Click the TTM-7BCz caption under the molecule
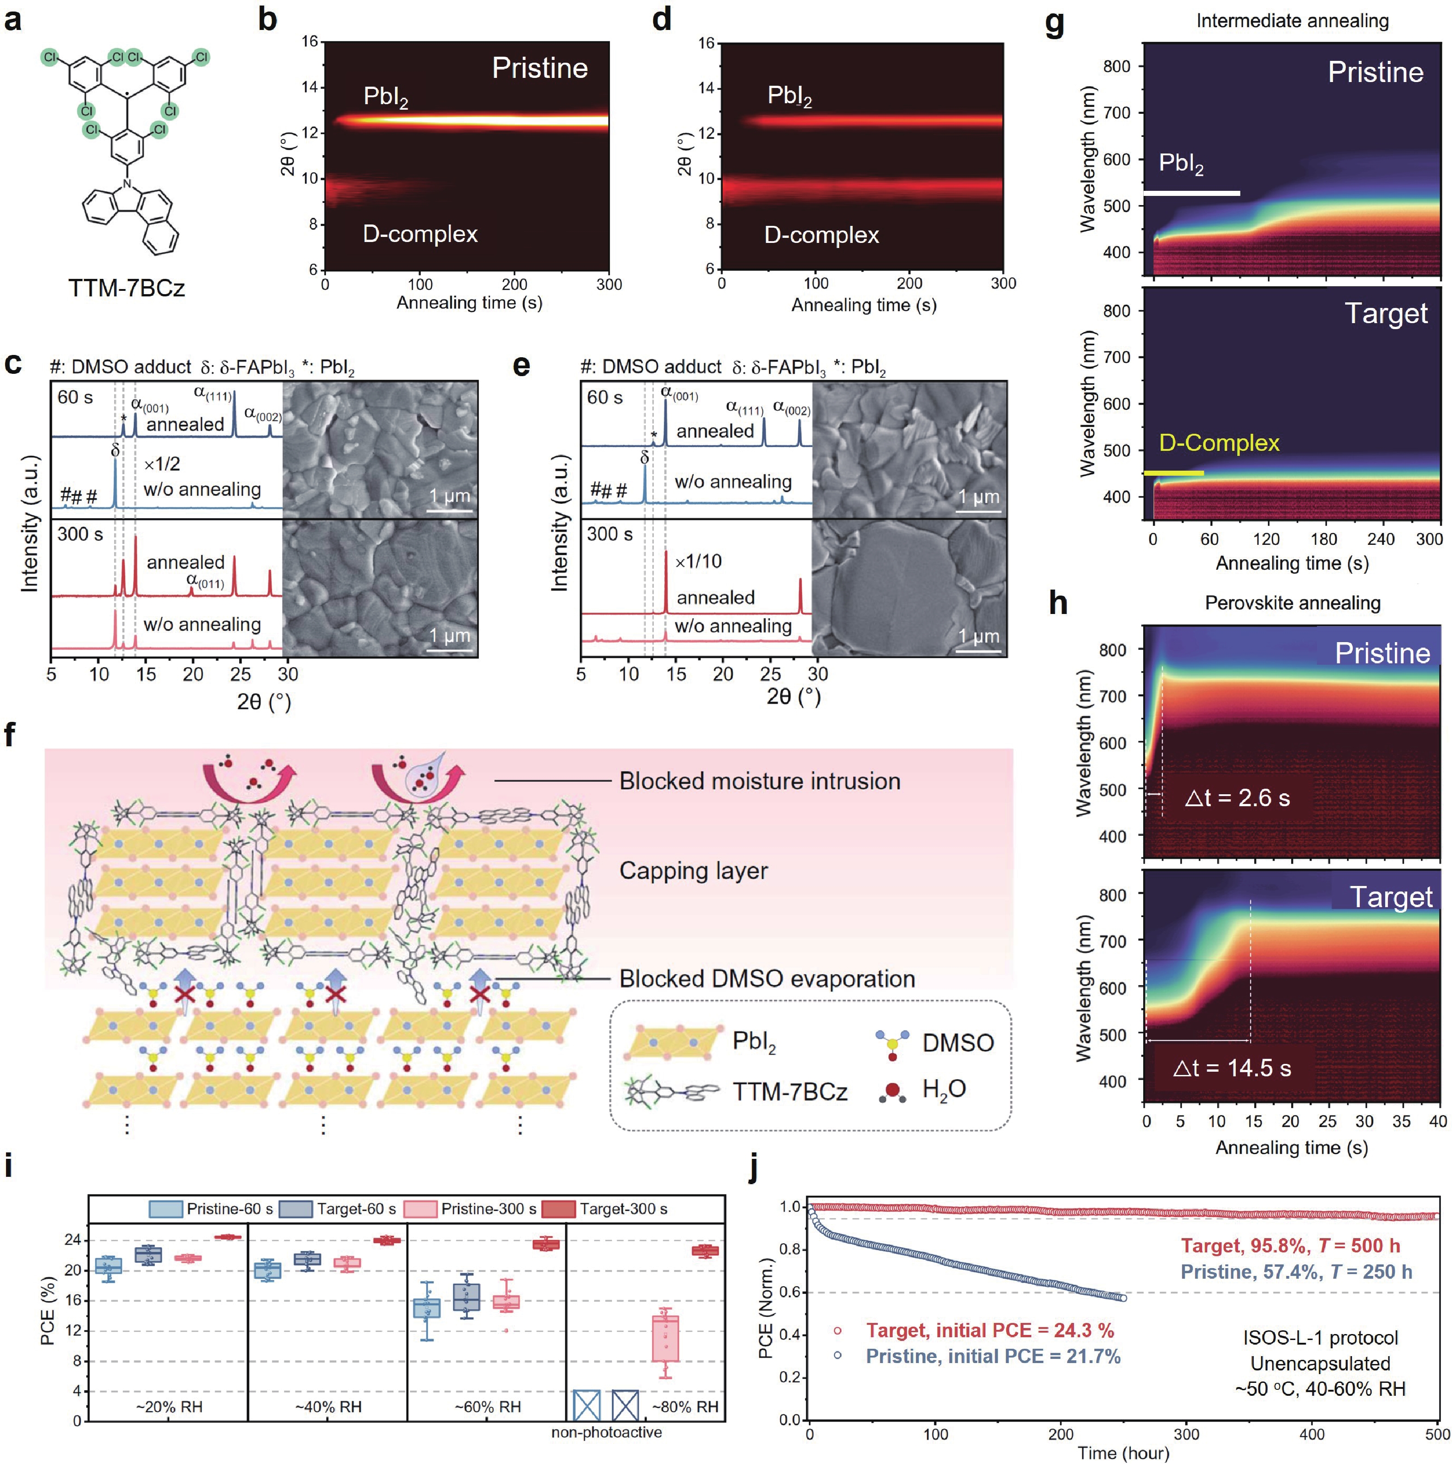[127, 288]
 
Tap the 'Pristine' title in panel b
[540, 68]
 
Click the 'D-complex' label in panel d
[821, 235]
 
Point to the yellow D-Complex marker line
[1173, 473]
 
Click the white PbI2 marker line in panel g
[1191, 194]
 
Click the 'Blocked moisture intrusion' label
[759, 781]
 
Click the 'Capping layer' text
[693, 871]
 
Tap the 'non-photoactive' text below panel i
[606, 1432]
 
